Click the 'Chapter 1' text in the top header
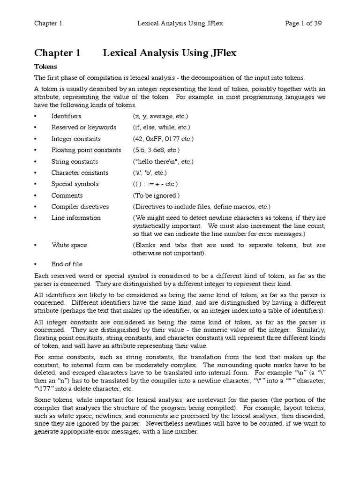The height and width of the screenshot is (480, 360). [x=48, y=23]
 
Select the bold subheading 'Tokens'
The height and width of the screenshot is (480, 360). [x=45, y=67]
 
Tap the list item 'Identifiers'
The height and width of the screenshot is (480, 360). [x=66, y=116]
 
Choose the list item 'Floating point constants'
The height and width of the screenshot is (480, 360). [x=86, y=150]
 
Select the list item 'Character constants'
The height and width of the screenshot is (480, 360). [x=80, y=172]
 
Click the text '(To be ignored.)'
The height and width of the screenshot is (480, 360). [x=156, y=195]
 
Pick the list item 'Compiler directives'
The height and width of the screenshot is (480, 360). [x=80, y=207]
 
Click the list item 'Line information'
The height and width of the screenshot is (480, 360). [x=76, y=218]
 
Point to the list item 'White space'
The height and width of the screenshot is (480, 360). [x=69, y=245]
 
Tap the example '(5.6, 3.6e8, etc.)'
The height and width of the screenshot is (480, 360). [x=156, y=150]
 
